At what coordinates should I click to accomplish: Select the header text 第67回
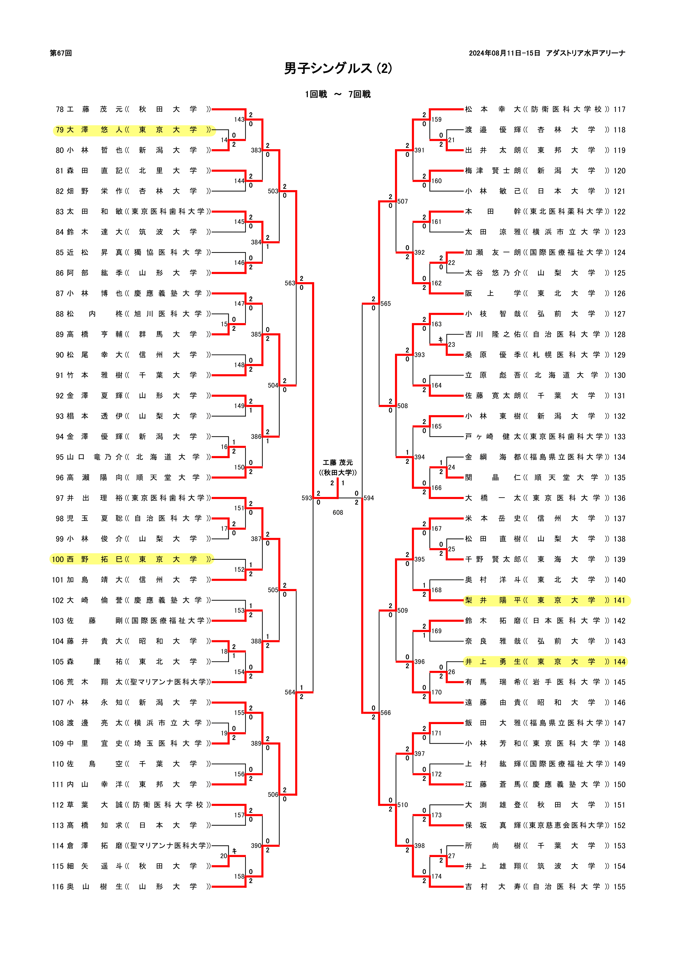(x=61, y=53)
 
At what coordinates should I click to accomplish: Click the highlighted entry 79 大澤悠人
(x=133, y=130)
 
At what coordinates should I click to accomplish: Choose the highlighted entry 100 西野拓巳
(x=131, y=559)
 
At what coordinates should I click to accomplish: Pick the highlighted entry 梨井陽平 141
(x=546, y=600)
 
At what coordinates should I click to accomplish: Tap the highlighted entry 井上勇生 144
(x=546, y=662)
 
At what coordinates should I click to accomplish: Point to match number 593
(x=307, y=498)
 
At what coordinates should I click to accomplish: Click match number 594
(x=369, y=498)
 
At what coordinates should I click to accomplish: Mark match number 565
(x=385, y=304)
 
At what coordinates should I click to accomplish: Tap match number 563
(x=290, y=283)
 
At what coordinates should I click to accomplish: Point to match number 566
(x=385, y=713)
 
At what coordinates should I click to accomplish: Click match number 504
(x=273, y=386)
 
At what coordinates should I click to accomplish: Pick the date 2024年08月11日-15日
(x=504, y=53)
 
